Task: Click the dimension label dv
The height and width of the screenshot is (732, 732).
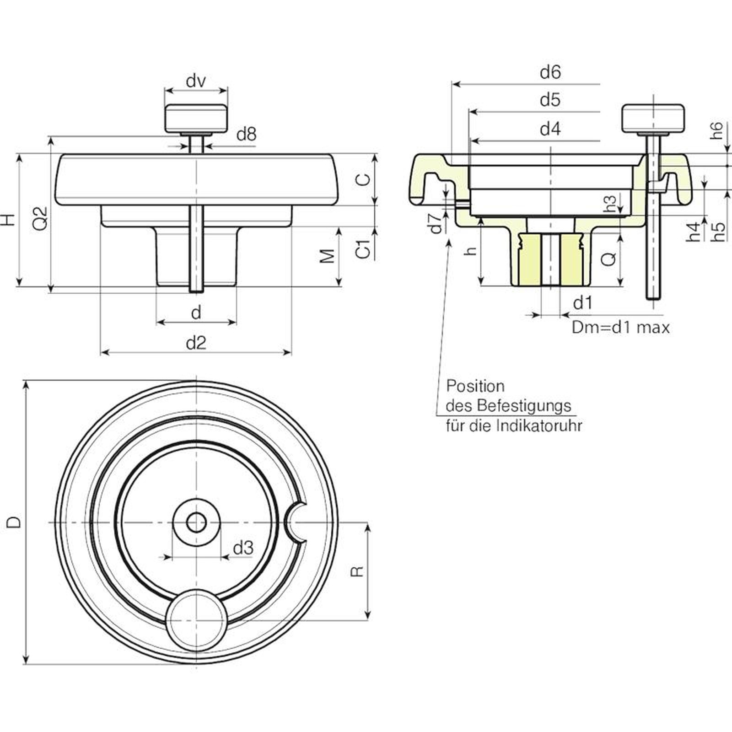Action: click(x=196, y=81)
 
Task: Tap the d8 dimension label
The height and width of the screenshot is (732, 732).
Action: click(x=247, y=135)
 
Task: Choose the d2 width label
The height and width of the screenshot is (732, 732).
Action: click(x=196, y=343)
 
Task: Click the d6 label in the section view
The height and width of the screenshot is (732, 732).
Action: click(x=550, y=72)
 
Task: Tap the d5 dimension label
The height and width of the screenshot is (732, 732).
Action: click(x=550, y=100)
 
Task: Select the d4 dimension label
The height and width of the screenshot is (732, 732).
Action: click(x=550, y=129)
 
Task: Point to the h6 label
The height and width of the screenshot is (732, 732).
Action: click(x=717, y=130)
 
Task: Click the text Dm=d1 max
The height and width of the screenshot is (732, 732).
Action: click(x=620, y=328)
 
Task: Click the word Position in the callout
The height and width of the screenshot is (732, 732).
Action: click(x=475, y=386)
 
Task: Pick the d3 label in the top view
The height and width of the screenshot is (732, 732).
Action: click(x=243, y=548)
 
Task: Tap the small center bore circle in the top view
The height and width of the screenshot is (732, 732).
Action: click(x=196, y=522)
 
